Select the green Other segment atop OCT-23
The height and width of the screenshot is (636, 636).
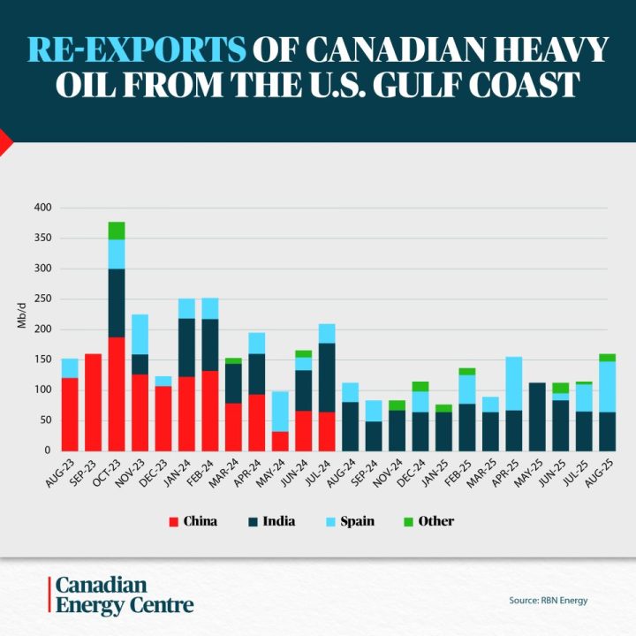click(x=117, y=231)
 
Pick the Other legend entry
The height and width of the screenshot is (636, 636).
click(x=429, y=521)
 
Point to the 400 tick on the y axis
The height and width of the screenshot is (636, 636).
click(x=43, y=208)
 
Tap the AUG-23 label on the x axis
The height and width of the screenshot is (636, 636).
click(x=64, y=470)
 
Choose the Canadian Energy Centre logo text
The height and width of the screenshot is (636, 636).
click(x=124, y=595)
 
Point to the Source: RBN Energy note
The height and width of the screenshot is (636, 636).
click(x=548, y=601)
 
